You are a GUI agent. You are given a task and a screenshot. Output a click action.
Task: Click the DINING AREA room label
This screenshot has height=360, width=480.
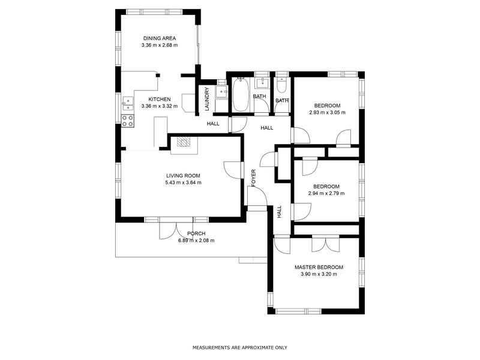tap(160, 38)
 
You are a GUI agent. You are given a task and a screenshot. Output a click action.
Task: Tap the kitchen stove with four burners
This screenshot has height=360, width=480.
tap(128, 121)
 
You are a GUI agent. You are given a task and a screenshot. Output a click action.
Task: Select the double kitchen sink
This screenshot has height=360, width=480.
tap(128, 103)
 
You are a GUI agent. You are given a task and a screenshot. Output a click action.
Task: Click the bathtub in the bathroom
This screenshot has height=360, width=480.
tap(241, 95)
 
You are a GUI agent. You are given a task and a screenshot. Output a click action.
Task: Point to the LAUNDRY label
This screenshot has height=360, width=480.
tap(207, 99)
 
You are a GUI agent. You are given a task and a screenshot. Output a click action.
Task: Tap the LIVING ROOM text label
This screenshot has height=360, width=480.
tap(183, 176)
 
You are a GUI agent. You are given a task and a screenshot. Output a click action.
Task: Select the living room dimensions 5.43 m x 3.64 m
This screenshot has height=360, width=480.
tap(183, 183)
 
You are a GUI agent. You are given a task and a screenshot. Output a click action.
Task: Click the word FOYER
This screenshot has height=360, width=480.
tap(253, 178)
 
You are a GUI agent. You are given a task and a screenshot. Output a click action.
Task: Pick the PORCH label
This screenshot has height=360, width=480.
tap(196, 233)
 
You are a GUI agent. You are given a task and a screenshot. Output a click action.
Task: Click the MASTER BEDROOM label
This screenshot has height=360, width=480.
tap(319, 267)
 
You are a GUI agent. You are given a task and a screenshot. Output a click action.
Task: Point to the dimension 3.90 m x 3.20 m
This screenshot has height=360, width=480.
tap(319, 274)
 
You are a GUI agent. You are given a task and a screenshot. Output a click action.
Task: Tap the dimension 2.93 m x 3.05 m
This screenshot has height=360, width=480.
tap(327, 112)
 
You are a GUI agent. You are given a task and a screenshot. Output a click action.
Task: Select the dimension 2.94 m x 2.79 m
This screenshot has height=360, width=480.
tap(326, 193)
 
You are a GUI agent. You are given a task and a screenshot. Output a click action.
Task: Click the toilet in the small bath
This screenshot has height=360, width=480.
tap(281, 85)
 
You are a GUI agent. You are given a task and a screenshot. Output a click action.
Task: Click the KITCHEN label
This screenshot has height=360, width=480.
tap(160, 99)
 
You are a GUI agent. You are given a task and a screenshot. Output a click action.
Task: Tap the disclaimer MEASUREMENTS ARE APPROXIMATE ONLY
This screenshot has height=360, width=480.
tap(239, 348)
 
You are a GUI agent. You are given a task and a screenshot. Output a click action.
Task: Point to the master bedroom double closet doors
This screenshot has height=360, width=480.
tap(326, 244)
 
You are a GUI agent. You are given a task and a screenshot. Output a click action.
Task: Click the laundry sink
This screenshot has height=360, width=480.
tap(221, 92)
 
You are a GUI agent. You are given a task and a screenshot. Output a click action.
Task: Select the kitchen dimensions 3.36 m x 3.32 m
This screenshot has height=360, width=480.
tap(160, 106)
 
